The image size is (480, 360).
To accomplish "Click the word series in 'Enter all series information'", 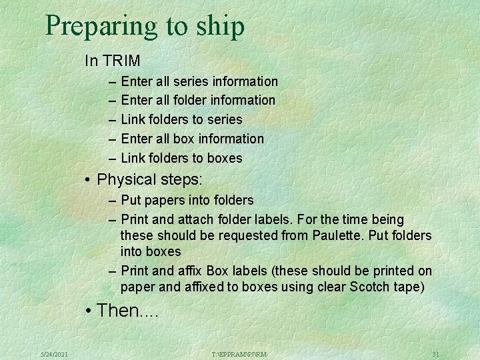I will pos(191,81).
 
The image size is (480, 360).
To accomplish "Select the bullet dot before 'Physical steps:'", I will pos(88,180).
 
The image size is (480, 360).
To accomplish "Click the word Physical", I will pos(125,180).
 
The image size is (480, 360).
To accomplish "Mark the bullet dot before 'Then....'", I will pos(88,310).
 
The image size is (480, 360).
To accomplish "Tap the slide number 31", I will pos(435,354).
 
